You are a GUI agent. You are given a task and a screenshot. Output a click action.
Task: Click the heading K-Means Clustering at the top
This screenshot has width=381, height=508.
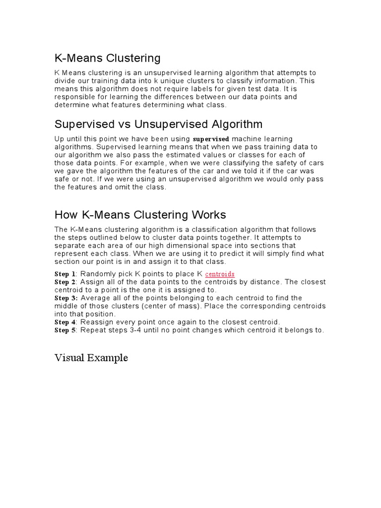pos(107,59)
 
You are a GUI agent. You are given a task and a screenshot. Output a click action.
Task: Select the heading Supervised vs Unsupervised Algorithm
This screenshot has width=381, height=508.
pos(158,124)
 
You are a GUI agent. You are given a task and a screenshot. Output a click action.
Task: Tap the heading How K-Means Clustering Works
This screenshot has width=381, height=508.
pos(140,215)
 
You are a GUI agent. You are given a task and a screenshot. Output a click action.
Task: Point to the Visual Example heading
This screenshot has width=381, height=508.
pos(91,358)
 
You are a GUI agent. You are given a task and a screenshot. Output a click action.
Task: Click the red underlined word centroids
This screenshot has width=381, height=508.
pos(220,274)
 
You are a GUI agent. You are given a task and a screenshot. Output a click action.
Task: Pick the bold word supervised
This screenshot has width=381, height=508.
pos(211,139)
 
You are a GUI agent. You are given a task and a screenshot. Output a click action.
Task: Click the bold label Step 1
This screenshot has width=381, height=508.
pos(65,274)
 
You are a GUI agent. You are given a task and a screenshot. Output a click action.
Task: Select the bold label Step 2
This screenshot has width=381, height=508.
pos(65,282)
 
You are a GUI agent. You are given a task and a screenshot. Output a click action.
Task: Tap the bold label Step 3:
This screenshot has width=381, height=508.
pos(66,298)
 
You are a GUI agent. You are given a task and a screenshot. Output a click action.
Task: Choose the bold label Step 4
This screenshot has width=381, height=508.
pos(65,322)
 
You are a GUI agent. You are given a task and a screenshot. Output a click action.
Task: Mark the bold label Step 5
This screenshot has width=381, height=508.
pos(65,330)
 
